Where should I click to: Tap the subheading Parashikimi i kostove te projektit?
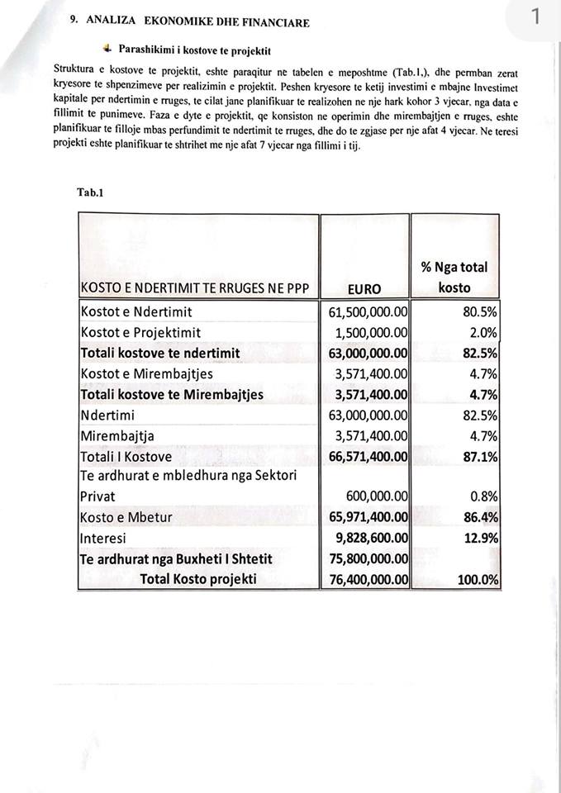(194, 50)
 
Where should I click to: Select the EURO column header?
(364, 288)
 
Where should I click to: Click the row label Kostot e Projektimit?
(140, 333)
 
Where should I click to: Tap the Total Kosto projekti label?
(198, 579)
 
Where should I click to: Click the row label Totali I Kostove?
(126, 456)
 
